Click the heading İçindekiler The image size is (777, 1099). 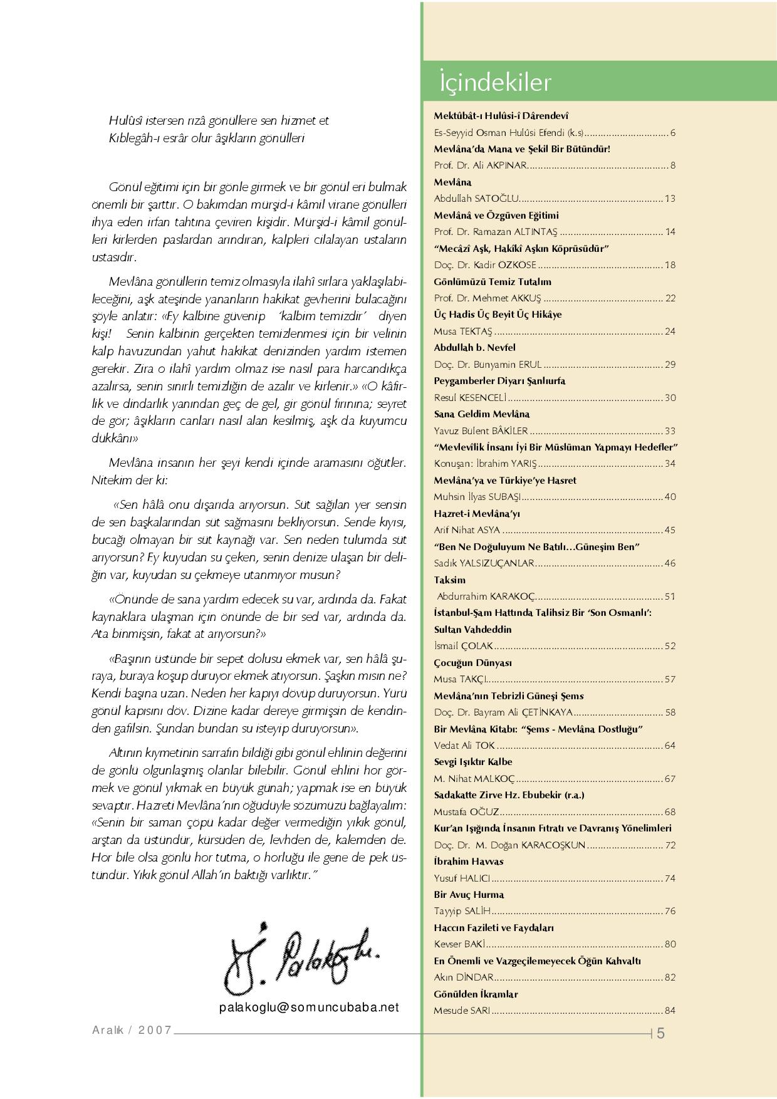(495, 83)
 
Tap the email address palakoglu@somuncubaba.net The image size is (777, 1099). (309, 1007)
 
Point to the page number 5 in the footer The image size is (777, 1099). (661, 1034)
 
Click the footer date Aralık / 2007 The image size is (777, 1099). (132, 1030)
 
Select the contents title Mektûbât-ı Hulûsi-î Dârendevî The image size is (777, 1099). (501, 116)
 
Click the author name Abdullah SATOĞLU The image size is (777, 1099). (476, 199)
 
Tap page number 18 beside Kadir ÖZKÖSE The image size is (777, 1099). (670, 265)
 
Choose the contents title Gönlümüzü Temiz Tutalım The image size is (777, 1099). (493, 281)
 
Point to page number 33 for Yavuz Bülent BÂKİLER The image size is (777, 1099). (670, 431)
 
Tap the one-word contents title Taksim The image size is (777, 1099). (450, 580)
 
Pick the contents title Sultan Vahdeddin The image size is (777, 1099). (472, 629)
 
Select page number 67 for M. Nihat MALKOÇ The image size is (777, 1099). (670, 779)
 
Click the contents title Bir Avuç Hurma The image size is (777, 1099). (469, 894)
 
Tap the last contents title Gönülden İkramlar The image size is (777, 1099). (476, 994)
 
